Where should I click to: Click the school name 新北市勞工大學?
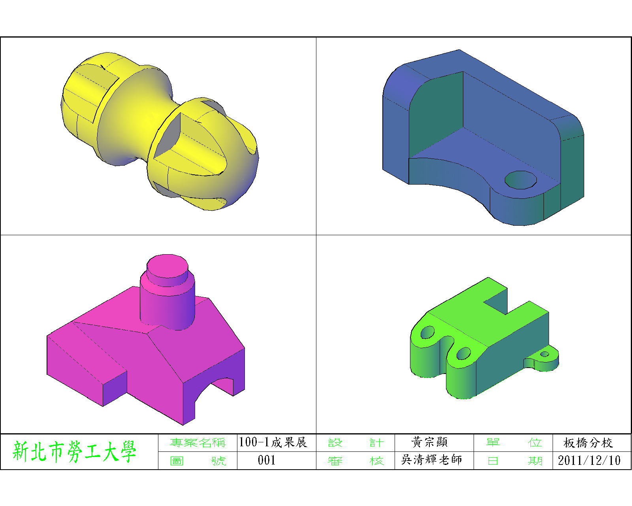pyautogui.click(x=74, y=451)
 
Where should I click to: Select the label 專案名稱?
pyautogui.click(x=197, y=442)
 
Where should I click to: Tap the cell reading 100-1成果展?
pyautogui.click(x=273, y=442)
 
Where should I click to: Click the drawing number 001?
pyautogui.click(x=267, y=460)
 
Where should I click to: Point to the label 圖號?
pyautogui.click(x=198, y=461)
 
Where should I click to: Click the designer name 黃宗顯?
pyautogui.click(x=429, y=442)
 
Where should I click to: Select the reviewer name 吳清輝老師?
pyautogui.click(x=431, y=459)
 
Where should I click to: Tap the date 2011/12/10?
pyautogui.click(x=589, y=461)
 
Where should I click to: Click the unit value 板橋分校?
pyautogui.click(x=588, y=442)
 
